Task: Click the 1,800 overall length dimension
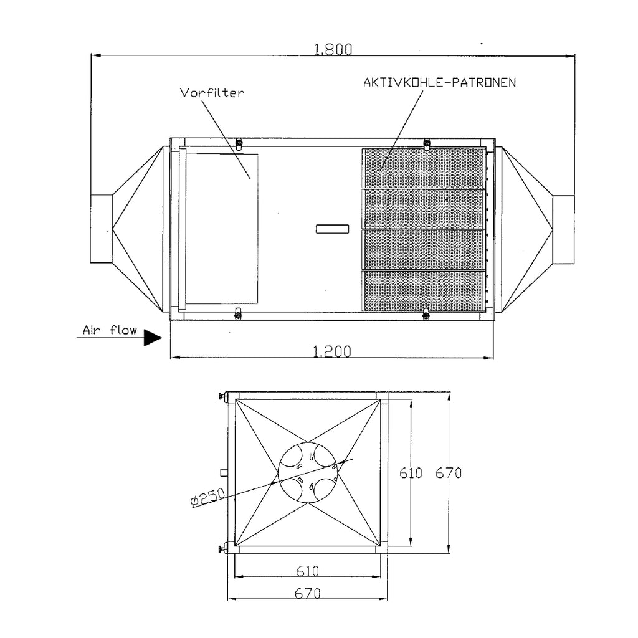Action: pyautogui.click(x=333, y=49)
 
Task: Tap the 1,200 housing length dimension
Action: pyautogui.click(x=332, y=351)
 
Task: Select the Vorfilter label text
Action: pyautogui.click(x=212, y=93)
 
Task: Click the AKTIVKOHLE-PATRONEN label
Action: pyautogui.click(x=439, y=83)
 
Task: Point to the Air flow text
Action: pyautogui.click(x=110, y=330)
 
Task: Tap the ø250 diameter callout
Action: pyautogui.click(x=207, y=497)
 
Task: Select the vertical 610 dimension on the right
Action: pyautogui.click(x=411, y=473)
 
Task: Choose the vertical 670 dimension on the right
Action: pyautogui.click(x=449, y=473)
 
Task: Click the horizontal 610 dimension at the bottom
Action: pyautogui.click(x=308, y=571)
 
